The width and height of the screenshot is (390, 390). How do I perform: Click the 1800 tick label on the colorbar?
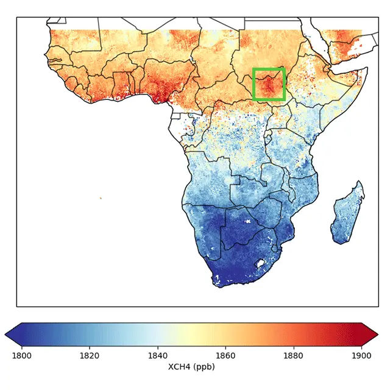click(x=22, y=355)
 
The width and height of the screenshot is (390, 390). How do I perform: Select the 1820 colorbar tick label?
click(x=90, y=355)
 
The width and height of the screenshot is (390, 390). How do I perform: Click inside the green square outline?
click(x=269, y=84)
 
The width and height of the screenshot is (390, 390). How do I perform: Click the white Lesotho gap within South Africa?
click(x=261, y=263)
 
